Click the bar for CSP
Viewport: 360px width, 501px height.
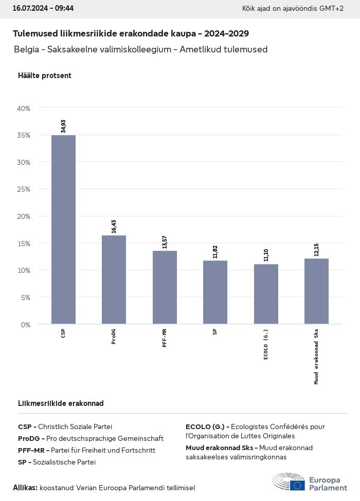[63, 229]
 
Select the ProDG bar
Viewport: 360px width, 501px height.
[114, 280]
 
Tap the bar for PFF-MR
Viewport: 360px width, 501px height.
[165, 287]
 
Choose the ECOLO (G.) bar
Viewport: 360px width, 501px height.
[266, 294]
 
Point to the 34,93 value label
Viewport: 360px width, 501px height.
[63, 126]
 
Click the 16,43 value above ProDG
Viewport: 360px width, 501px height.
[114, 226]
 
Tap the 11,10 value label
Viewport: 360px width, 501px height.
[266, 255]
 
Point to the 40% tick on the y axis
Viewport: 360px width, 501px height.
[24, 108]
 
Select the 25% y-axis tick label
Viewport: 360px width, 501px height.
[24, 189]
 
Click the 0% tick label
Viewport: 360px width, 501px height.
[26, 324]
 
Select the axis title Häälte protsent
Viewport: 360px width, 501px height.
[45, 76]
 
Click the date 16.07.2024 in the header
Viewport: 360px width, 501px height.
[29, 9]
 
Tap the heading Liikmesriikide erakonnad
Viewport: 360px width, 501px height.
[61, 403]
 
